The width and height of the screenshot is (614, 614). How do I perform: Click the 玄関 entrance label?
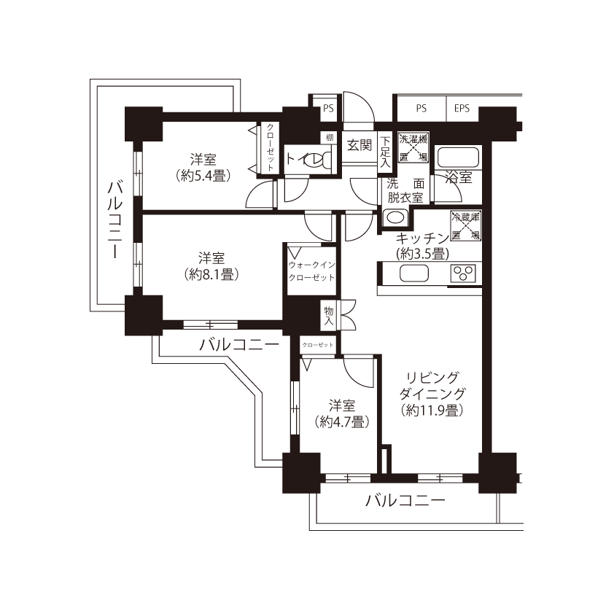[x=360, y=145]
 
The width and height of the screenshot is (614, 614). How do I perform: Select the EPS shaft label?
[x=462, y=109]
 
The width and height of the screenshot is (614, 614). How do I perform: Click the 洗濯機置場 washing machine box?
[x=413, y=147]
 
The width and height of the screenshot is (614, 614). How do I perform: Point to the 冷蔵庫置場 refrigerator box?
[x=465, y=226]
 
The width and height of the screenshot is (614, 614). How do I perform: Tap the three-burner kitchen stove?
[x=463, y=273]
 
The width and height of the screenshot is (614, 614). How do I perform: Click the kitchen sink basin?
[x=414, y=273]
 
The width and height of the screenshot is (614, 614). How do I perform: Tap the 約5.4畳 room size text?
[x=203, y=176]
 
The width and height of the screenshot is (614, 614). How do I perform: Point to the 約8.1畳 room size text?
[x=211, y=275]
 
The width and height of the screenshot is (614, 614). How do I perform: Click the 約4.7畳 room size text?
[x=342, y=421]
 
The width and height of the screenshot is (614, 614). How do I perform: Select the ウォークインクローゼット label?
[x=311, y=271]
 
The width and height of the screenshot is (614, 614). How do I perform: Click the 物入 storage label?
[x=329, y=316]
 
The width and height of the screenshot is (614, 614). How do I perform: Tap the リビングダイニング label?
[x=432, y=385]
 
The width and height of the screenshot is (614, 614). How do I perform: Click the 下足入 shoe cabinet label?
[x=385, y=152]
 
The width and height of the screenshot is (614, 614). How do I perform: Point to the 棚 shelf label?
[x=330, y=137]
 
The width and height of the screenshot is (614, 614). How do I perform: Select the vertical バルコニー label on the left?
[x=115, y=219]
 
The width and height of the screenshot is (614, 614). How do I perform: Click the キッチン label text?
[x=422, y=238]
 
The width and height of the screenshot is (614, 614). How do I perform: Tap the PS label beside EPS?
[x=421, y=109]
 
